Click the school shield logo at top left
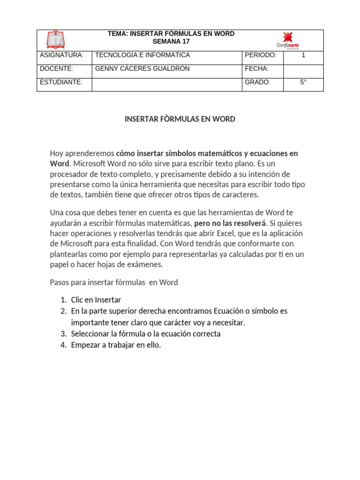point(56,40)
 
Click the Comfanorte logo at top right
point(288,40)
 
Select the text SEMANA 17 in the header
point(171,42)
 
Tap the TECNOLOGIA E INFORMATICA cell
point(142,55)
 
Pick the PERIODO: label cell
point(261,55)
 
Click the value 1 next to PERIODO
point(303,55)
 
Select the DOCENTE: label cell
point(57,69)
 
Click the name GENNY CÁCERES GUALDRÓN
point(142,69)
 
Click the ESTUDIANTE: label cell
point(61,82)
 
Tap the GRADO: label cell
point(257,82)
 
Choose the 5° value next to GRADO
point(303,82)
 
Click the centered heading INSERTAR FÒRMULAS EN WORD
point(180,119)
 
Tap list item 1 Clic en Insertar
point(96,300)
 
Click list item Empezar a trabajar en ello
point(116,345)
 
